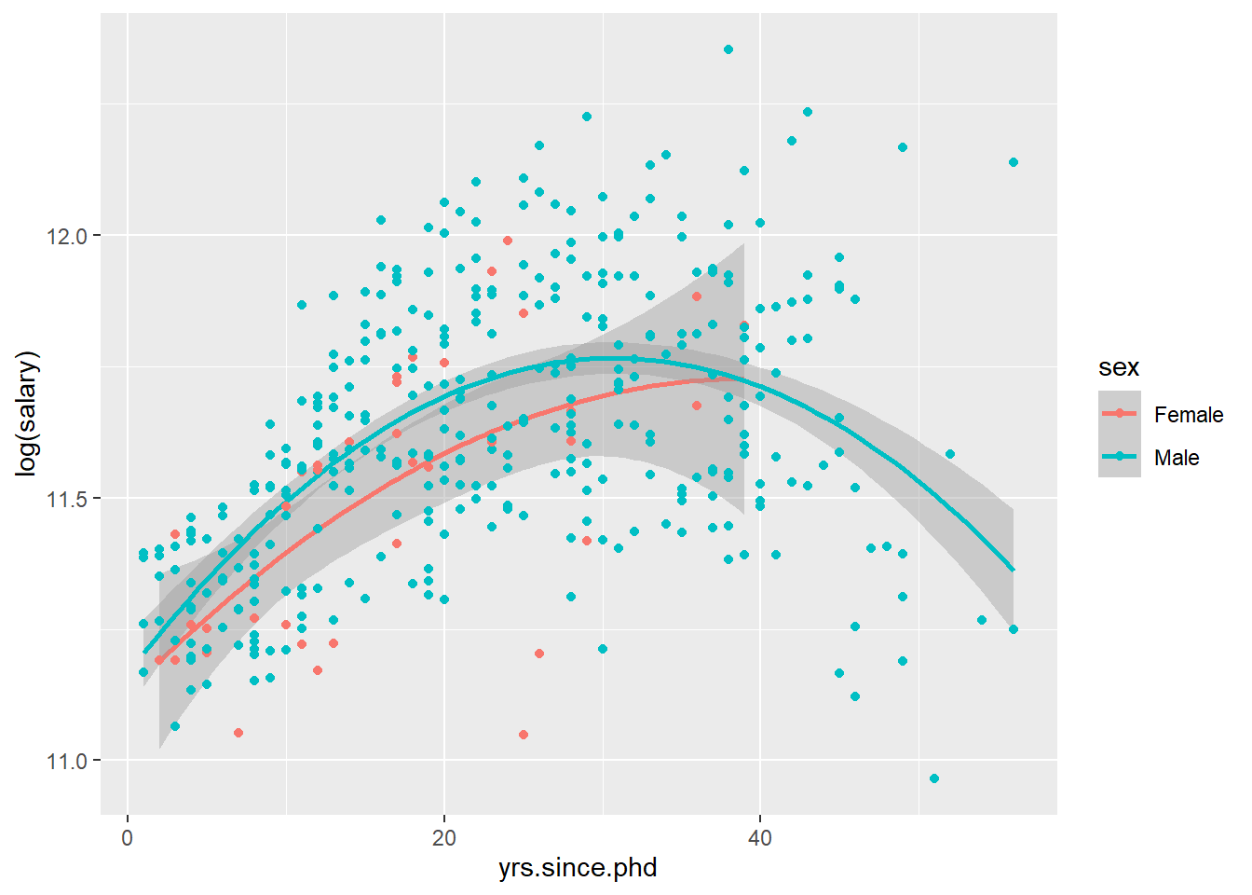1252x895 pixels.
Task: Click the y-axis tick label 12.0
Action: coord(66,237)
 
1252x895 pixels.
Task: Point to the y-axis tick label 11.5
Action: coord(66,499)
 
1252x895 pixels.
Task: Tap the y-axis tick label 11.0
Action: coord(66,762)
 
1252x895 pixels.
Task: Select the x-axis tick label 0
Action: coord(128,838)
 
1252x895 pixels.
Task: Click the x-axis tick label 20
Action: coord(443,838)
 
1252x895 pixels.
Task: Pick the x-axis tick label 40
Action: coord(760,838)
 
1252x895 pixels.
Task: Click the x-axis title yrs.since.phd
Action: coord(578,868)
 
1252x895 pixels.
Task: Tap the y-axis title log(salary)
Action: coord(27,414)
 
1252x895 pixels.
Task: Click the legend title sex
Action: coord(1118,367)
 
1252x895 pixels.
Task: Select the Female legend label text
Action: coord(1188,415)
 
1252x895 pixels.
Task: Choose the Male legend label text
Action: coord(1176,458)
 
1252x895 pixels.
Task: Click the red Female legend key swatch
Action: coord(1119,413)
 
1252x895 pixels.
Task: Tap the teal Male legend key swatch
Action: coord(1119,456)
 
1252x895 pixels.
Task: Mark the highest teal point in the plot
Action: coord(728,49)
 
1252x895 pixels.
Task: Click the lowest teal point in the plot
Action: coord(934,778)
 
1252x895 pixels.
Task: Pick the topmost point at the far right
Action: coord(1014,162)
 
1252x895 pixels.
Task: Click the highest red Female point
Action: coord(508,241)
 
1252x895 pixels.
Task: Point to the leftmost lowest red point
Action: coord(238,733)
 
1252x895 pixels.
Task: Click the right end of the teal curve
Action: coord(1014,570)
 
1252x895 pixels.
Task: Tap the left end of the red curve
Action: coord(159,660)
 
